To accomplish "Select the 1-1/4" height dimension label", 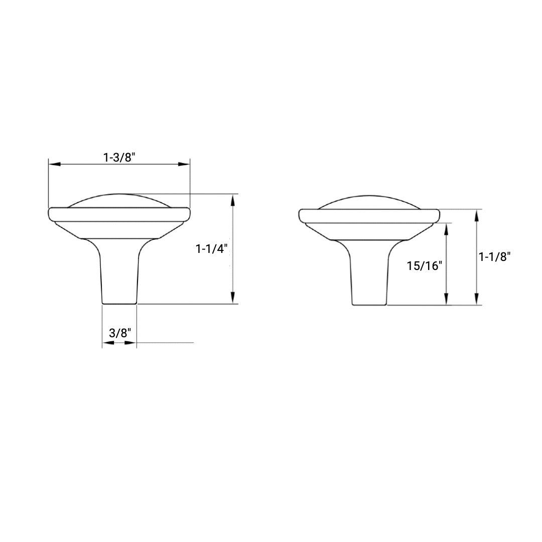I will [x=211, y=248].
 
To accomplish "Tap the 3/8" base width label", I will [x=119, y=333].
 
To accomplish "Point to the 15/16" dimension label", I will [x=425, y=265].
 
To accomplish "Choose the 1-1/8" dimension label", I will [x=495, y=256].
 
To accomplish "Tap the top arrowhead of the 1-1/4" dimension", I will [x=232, y=200].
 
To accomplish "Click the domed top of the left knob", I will [x=119, y=200].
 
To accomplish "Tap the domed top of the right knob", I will [x=369, y=202].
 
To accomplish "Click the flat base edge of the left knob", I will [x=119, y=303].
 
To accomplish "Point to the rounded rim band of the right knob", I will [x=369, y=215].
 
